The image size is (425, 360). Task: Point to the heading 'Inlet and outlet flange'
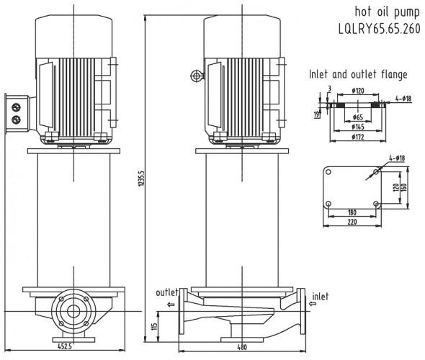pos(358,73)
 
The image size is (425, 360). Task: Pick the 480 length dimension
pos(242,348)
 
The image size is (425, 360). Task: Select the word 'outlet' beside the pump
pos(167,292)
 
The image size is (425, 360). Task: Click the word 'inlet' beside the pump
pos(322,295)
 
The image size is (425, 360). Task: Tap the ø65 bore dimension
pos(357,117)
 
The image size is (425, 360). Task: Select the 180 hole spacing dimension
pos(352,213)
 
